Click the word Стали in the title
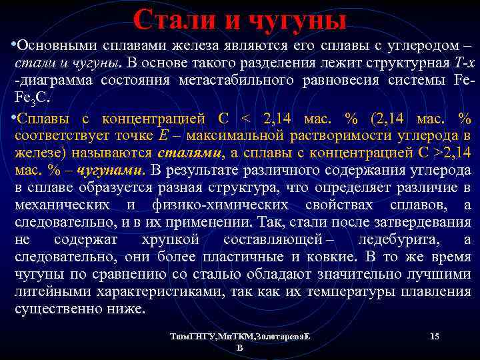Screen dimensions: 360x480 [x=175, y=20]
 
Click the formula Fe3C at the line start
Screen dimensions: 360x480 [x=29, y=97]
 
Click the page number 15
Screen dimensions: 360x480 [x=434, y=337]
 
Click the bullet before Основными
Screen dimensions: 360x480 [x=13, y=45]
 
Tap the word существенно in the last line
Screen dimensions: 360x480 [x=50, y=309]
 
